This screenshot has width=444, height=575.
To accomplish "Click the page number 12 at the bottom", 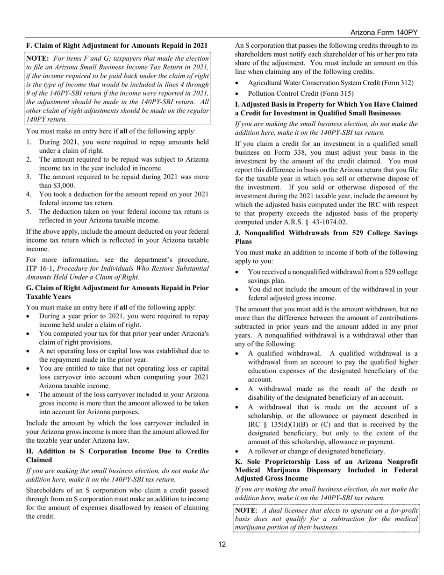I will pos(222,544).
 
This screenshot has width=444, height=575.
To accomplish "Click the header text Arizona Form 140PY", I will pos(384,33).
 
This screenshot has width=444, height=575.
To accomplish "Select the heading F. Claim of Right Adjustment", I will pos(117,45).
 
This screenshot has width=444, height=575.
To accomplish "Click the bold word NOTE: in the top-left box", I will pos(38,58).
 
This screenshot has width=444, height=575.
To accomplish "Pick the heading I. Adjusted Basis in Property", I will pos(326,108).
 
